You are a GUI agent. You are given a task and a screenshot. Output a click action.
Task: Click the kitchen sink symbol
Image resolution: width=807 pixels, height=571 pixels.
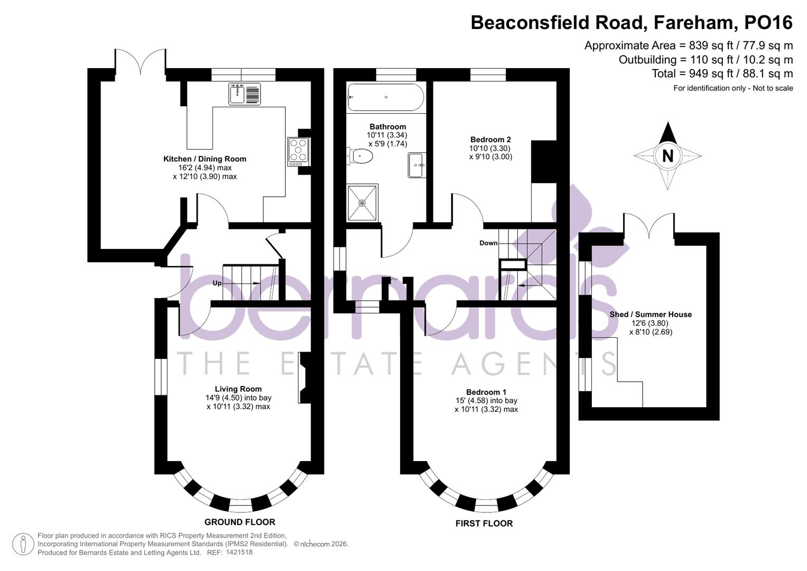tap(245, 94)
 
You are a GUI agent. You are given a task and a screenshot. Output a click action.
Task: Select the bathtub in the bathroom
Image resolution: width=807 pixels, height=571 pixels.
tap(385, 97)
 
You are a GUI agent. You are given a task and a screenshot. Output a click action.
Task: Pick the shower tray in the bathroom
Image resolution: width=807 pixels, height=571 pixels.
tap(363, 203)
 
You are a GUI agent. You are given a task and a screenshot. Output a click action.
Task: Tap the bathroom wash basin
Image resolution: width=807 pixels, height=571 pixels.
tap(416, 165)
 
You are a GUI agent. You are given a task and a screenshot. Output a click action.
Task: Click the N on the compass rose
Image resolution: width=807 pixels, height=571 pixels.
tap(667, 156)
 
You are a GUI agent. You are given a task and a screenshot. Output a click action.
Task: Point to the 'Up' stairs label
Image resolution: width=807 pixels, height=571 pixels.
tap(217, 283)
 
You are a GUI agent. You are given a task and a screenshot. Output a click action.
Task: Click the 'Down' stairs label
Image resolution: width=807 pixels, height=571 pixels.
tap(488, 243)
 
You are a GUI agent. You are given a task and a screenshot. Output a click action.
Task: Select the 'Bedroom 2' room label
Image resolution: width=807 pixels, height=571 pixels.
tap(490, 140)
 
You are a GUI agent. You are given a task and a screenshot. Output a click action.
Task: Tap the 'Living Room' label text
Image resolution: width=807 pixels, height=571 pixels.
tap(238, 389)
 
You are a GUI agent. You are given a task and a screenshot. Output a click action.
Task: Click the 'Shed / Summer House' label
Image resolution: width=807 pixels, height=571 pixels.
tap(651, 315)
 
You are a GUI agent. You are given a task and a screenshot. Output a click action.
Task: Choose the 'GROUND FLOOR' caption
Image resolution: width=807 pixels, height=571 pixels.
tap(240, 522)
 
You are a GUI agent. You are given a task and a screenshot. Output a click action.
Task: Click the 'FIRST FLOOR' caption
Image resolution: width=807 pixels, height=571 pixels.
tap(484, 523)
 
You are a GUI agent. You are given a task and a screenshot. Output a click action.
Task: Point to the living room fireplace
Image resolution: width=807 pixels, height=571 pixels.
tap(304, 377)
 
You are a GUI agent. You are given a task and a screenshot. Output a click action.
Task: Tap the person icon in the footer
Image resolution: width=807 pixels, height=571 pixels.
tap(23, 544)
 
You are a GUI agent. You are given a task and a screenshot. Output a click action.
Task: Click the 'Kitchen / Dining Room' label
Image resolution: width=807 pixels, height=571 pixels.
tap(205, 159)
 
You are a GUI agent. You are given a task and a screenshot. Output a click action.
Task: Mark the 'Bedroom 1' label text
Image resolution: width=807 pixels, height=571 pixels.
tap(486, 392)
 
